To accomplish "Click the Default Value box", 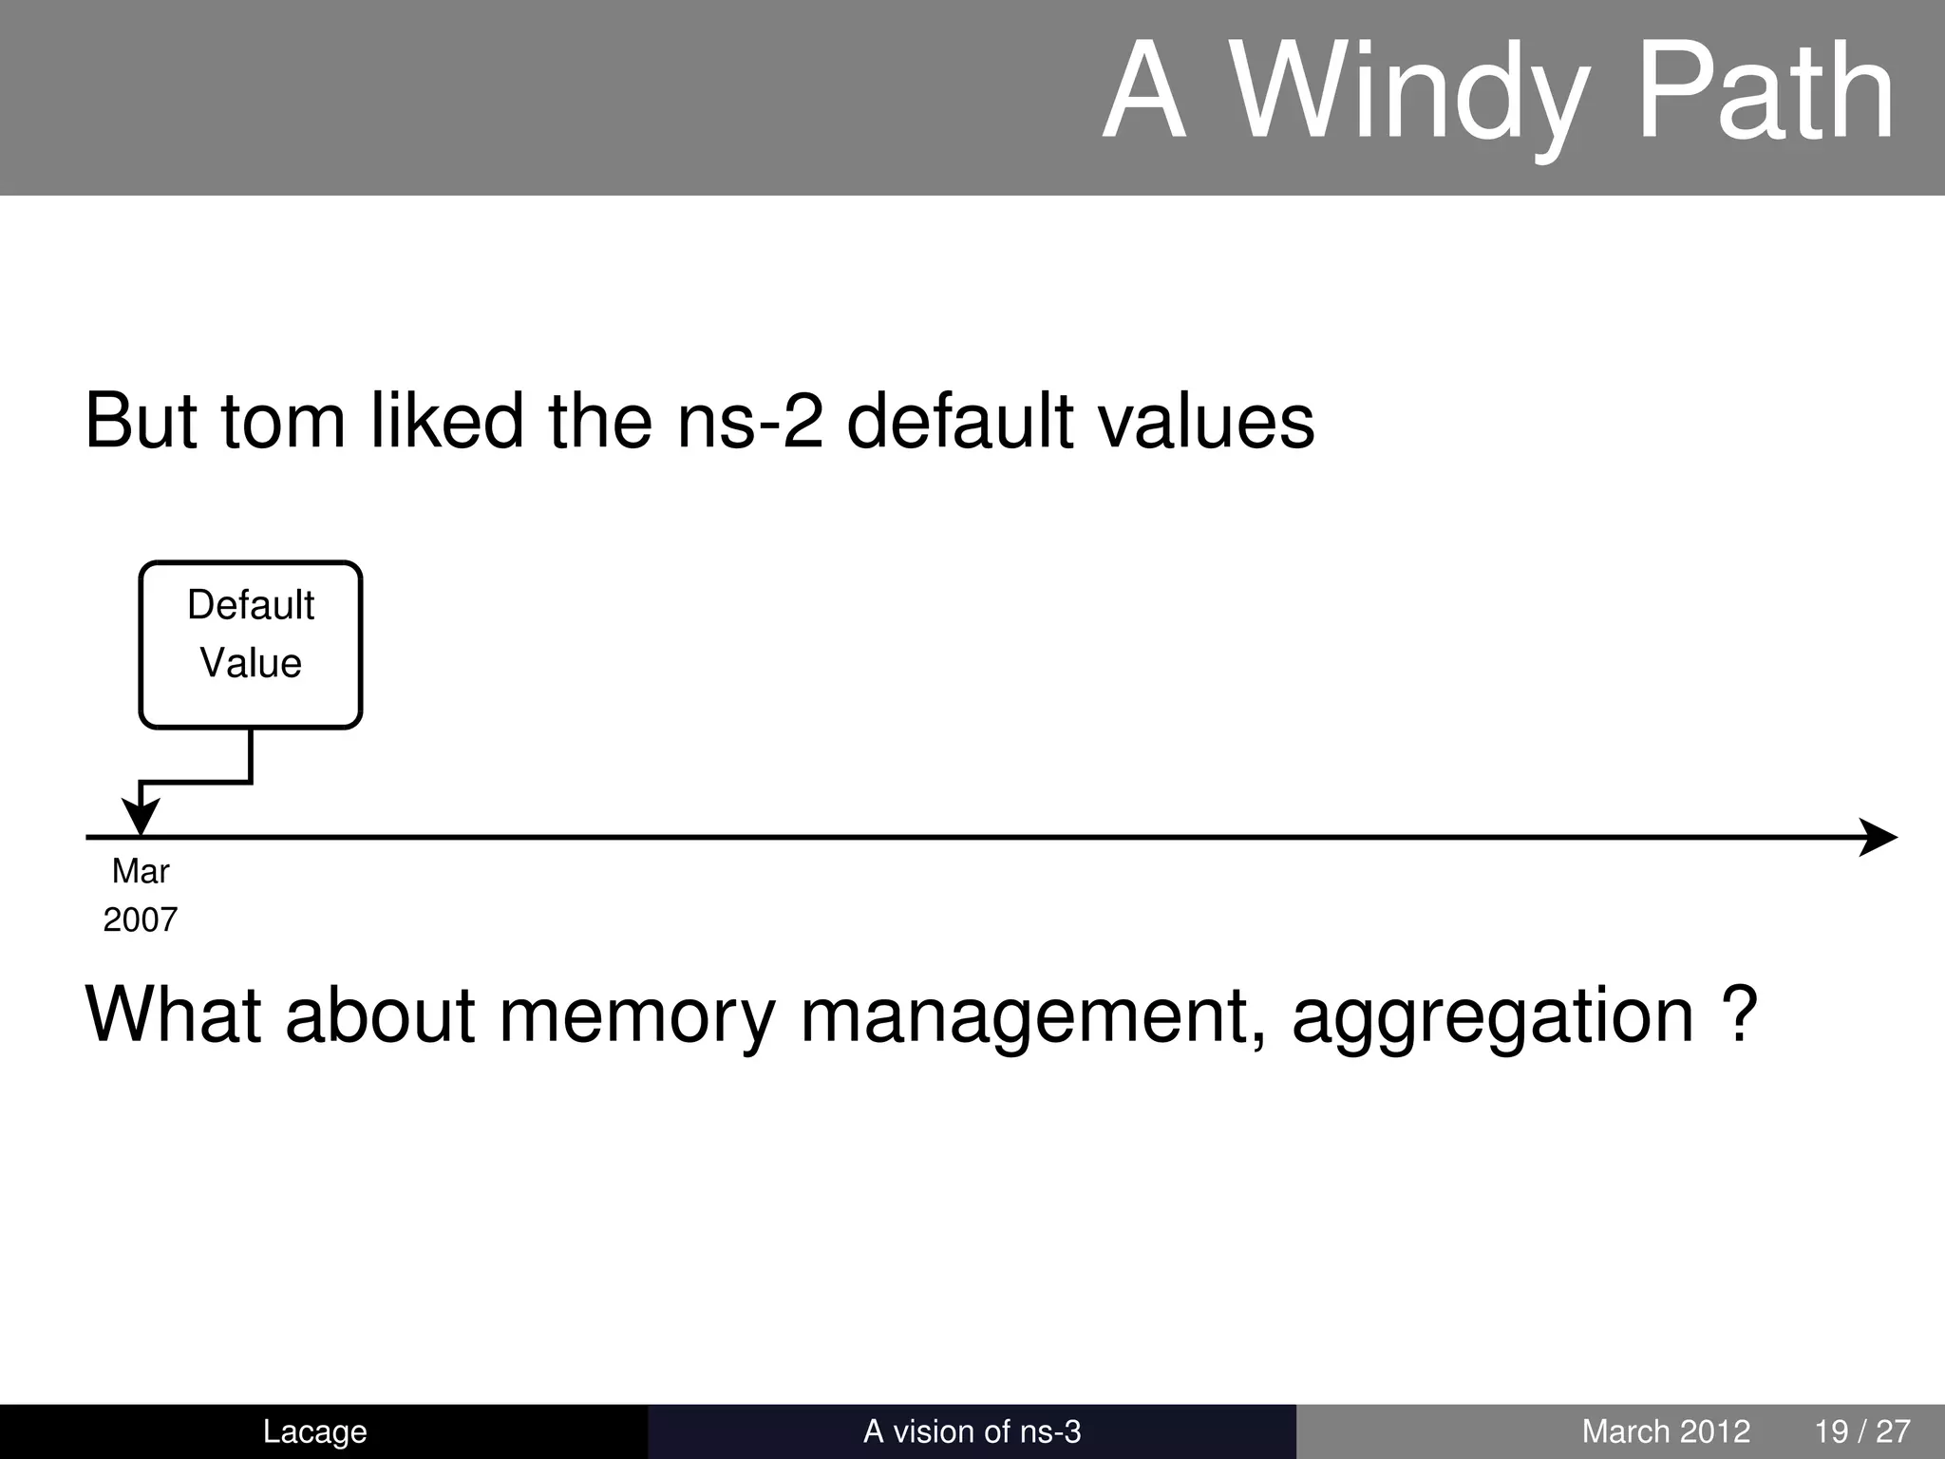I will pos(251,645).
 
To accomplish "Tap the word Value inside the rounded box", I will pos(251,663).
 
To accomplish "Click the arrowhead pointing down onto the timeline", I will pos(141,817).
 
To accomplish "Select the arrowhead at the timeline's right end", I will pos(1878,837).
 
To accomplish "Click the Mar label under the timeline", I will pos(141,871).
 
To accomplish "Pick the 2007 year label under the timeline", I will pos(141,919).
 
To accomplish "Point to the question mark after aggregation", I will pos(1740,1014).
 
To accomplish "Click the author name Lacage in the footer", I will pos(314,1431).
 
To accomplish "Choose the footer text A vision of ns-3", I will pos(972,1431).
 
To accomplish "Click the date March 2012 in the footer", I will pos(1666,1431).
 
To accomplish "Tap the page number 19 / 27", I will pos(1862,1431).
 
